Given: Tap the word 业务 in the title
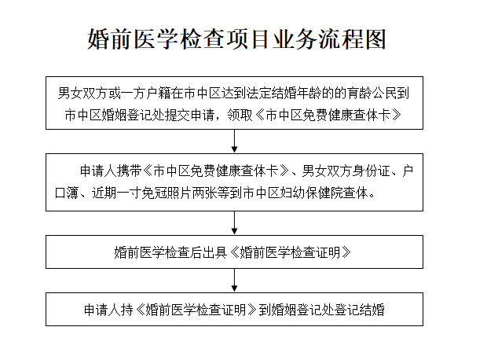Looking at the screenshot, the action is [295, 39].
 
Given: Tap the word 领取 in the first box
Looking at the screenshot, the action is [240, 116].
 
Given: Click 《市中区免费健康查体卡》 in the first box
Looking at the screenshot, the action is [328, 116].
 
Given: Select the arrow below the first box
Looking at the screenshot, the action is [235, 141].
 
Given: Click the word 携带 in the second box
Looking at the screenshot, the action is [130, 171].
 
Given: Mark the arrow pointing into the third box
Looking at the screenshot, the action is [235, 222].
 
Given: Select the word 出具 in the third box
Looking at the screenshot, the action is [214, 252].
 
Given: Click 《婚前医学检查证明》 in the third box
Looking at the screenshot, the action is [291, 252].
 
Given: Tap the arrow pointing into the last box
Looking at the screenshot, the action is [235, 280].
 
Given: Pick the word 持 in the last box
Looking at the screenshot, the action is [127, 310].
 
